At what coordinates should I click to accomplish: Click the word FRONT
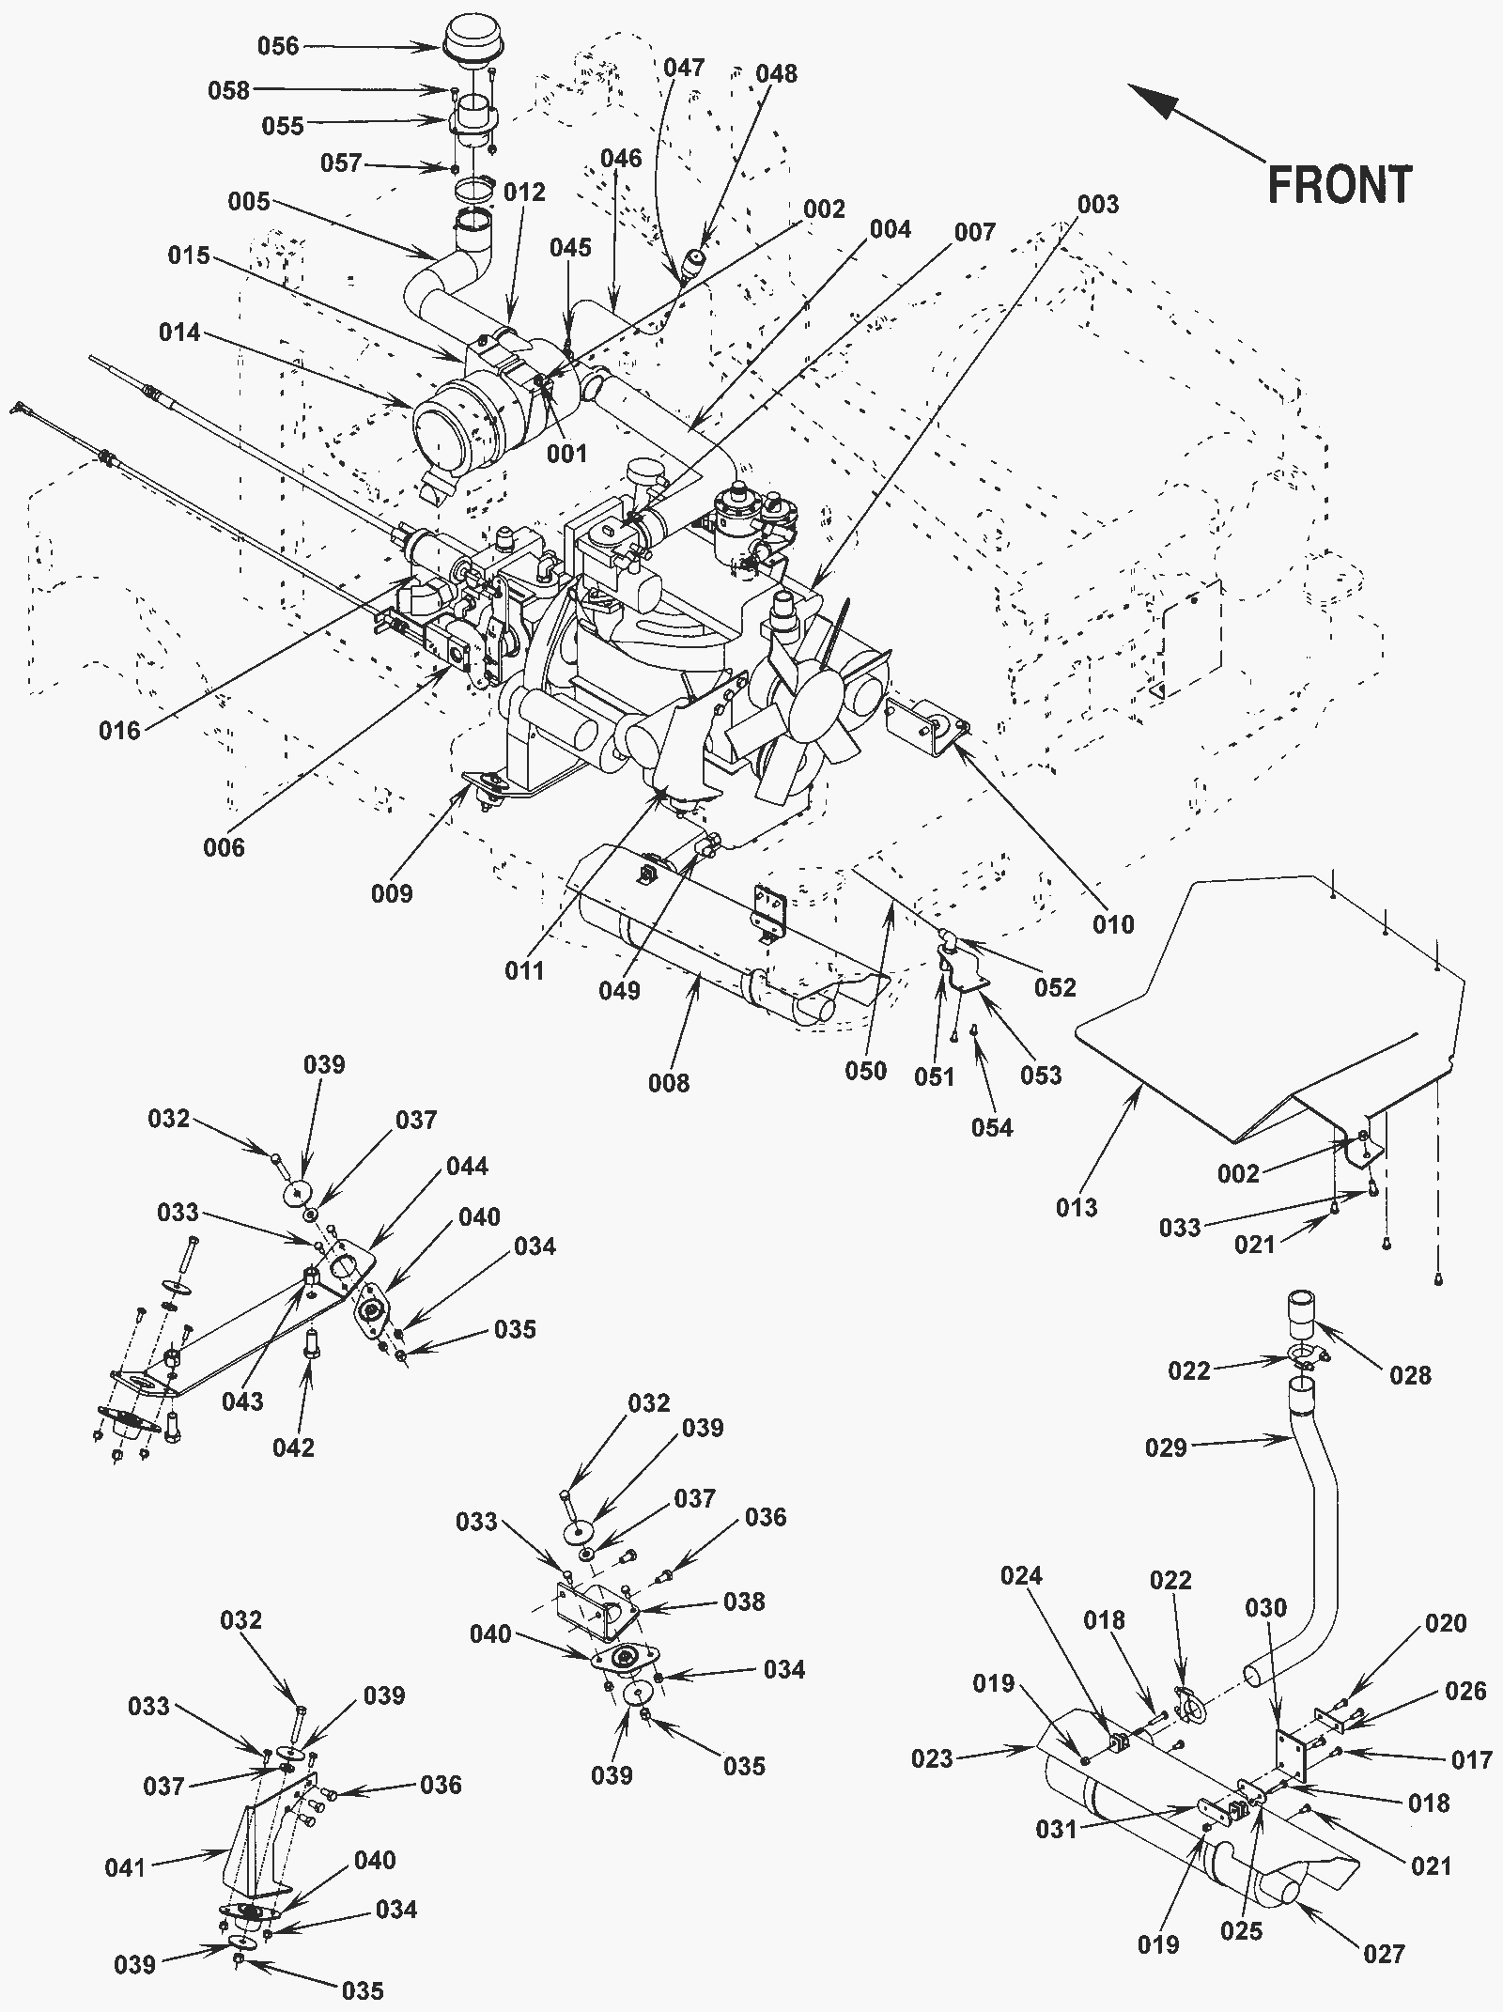click(1340, 185)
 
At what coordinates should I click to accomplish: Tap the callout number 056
click(278, 46)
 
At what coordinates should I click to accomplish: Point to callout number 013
click(1077, 1207)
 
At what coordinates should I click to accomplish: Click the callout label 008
click(669, 1083)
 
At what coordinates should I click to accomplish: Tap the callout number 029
click(1166, 1447)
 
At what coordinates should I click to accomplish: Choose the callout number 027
click(1384, 1955)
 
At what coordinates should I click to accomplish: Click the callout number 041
click(125, 1866)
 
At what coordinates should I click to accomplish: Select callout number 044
click(467, 1167)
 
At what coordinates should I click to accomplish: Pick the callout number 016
click(120, 730)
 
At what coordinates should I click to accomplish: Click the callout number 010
click(1113, 925)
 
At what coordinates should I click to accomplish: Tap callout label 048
click(776, 73)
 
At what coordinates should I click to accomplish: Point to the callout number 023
click(933, 1757)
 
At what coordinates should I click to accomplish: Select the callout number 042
click(293, 1447)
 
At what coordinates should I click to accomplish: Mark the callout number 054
click(992, 1127)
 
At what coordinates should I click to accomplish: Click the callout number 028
click(1410, 1375)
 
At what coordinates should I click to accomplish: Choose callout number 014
click(179, 332)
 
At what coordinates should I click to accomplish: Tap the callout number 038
click(744, 1602)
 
